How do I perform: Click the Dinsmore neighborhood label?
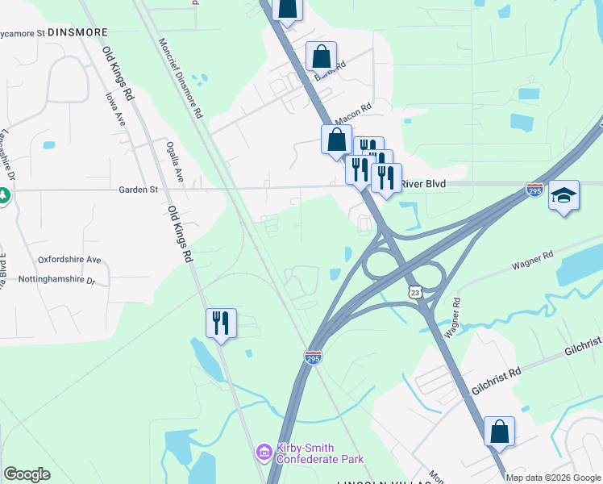tap(78, 31)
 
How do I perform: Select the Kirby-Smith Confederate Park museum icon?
tap(264, 453)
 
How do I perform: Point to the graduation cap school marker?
tap(564, 195)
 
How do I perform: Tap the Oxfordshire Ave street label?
tap(69, 260)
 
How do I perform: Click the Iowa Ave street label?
tap(114, 107)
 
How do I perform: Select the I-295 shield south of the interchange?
tap(314, 356)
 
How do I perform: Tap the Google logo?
tap(27, 474)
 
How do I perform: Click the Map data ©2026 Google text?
tap(552, 478)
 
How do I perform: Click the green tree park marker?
tap(3, 195)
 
